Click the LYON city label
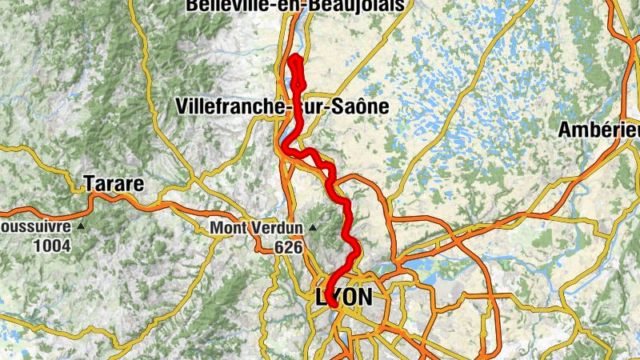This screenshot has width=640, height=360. pyautogui.click(x=345, y=297)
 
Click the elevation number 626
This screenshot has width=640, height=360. pyautogui.click(x=288, y=247)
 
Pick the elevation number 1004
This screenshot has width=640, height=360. pyautogui.click(x=52, y=246)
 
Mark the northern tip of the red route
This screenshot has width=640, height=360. pyautogui.click(x=295, y=58)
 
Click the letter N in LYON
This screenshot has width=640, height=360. pyautogui.click(x=362, y=297)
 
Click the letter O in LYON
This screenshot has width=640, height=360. pyautogui.click(x=346, y=297)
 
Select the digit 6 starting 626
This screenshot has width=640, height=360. pyautogui.click(x=279, y=247)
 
